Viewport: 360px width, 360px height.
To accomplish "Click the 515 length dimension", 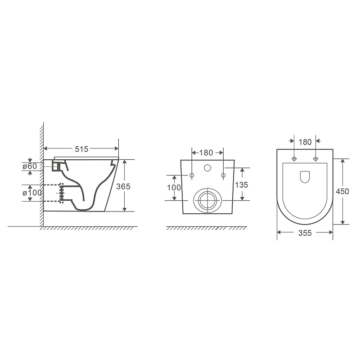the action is point(81,149).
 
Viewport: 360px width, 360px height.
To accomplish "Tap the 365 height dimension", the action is point(123,186).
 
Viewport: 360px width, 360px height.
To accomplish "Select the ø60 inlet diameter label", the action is point(30,166).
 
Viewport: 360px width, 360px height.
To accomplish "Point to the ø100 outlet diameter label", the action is point(32,193).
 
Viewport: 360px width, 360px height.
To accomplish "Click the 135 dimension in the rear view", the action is point(241,185).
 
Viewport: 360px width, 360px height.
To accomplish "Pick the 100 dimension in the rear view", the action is point(174,188).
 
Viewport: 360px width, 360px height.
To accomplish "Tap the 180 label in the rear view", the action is point(206,153).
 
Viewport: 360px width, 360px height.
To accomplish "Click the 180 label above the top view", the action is point(305,142).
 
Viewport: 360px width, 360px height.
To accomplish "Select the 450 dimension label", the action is point(342,191).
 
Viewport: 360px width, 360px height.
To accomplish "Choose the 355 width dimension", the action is point(305,233).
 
